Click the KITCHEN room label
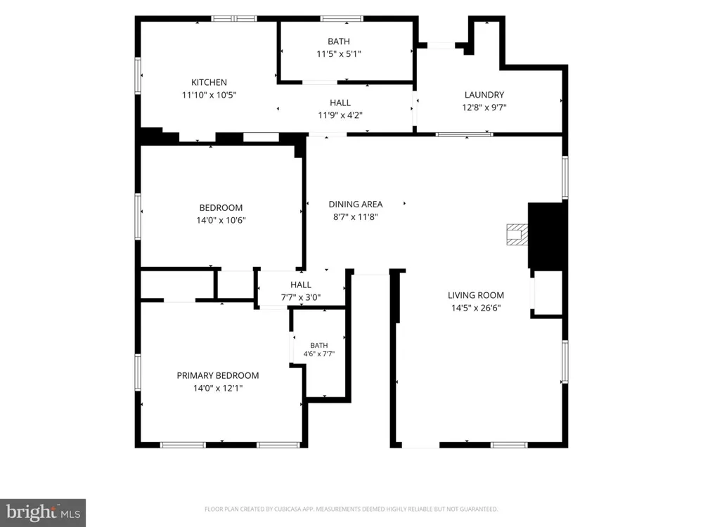209,82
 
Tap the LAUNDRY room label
484,95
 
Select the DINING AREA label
356,204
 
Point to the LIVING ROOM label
476,295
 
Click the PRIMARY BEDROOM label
218,375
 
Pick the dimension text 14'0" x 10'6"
221,220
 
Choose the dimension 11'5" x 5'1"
339,54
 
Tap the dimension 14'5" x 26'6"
476,308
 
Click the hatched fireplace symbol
517,235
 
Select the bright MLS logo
43,513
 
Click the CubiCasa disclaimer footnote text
351,509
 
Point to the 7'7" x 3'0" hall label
301,292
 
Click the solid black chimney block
548,235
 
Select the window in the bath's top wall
342,19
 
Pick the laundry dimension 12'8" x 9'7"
484,108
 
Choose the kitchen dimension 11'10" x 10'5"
209,95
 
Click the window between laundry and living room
465,134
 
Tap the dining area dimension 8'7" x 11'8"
356,217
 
